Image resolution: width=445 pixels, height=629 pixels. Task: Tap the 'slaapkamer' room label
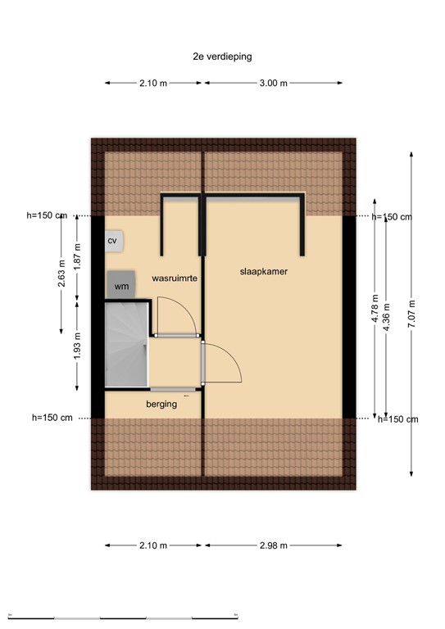click(x=263, y=271)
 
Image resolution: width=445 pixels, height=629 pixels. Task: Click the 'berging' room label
click(x=161, y=404)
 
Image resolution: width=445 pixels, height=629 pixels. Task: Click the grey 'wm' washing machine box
click(x=121, y=285)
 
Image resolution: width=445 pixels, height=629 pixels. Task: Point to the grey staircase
click(x=126, y=345)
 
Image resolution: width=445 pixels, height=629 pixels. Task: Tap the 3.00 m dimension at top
click(x=273, y=83)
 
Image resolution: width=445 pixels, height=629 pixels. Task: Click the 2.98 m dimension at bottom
click(x=273, y=545)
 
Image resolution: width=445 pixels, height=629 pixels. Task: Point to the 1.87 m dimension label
click(x=78, y=257)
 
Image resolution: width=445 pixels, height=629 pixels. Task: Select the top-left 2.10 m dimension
click(x=153, y=83)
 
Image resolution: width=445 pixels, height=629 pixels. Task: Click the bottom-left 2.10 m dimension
click(x=153, y=545)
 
